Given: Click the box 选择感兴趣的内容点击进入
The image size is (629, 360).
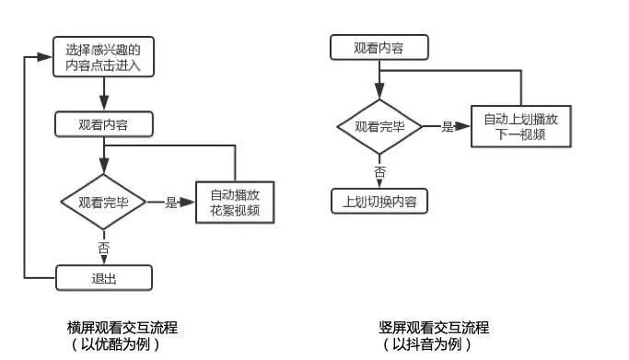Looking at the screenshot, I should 103,57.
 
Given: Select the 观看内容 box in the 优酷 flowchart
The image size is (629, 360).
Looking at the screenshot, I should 103,124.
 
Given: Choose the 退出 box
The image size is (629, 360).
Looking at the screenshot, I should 103,277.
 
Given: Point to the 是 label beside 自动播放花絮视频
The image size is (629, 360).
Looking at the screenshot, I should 170,203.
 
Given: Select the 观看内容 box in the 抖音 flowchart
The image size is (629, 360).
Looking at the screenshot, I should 379,48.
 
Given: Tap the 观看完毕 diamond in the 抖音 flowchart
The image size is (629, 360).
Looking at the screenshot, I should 379,126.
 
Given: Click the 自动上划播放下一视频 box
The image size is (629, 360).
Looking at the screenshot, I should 520,126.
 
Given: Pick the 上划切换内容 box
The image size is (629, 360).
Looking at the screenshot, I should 379,201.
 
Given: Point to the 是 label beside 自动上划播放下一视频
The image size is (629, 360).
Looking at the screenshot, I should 448,126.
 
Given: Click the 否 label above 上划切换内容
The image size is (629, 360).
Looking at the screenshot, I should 379,171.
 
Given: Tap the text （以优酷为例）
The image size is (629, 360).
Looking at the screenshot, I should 122,344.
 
